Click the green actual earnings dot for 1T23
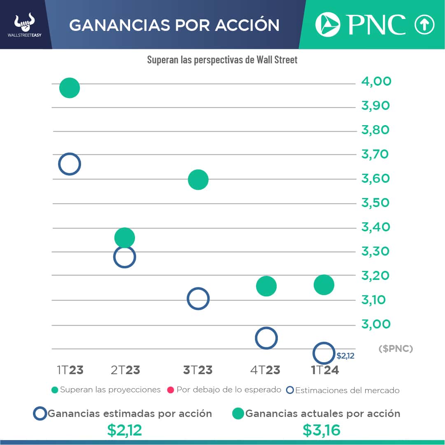pyautogui.click(x=69, y=88)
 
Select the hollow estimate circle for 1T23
pyautogui.click(x=69, y=164)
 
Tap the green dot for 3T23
pyautogui.click(x=198, y=179)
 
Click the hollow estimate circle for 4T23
pyautogui.click(x=266, y=338)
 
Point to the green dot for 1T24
pyautogui.click(x=324, y=285)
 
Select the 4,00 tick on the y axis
pyautogui.click(x=376, y=82)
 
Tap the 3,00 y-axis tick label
pyautogui.click(x=376, y=324)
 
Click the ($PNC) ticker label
pyautogui.click(x=395, y=349)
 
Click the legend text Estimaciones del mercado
pyautogui.click(x=347, y=390)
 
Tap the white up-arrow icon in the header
pyautogui.click(x=424, y=25)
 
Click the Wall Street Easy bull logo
pyautogui.click(x=25, y=24)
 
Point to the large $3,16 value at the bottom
pyautogui.click(x=322, y=430)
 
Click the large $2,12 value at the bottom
pyautogui.click(x=124, y=430)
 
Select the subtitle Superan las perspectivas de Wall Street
pyautogui.click(x=222, y=60)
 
